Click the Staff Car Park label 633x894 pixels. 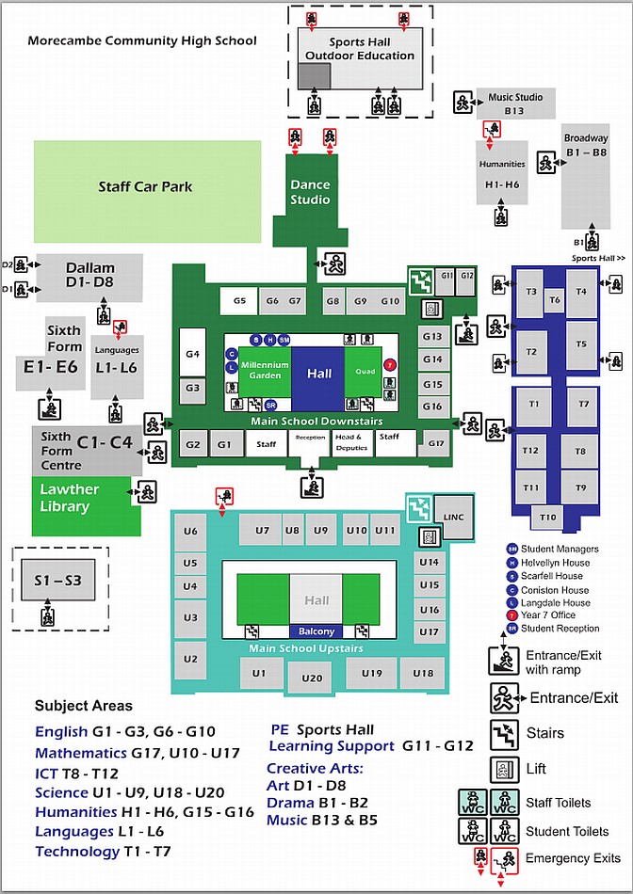click(x=145, y=186)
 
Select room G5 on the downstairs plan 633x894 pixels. click(x=239, y=301)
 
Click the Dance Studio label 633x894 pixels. click(x=310, y=192)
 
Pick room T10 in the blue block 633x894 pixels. click(x=547, y=517)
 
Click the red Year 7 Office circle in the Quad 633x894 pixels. click(x=391, y=365)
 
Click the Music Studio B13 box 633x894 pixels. click(x=514, y=103)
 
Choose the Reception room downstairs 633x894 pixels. click(x=310, y=439)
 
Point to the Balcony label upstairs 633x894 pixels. click(x=316, y=631)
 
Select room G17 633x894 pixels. click(x=435, y=443)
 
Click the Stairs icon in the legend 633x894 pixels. click(x=502, y=733)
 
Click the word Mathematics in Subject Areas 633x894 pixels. click(x=81, y=753)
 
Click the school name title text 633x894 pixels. click(x=141, y=40)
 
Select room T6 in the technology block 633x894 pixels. click(x=555, y=299)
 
